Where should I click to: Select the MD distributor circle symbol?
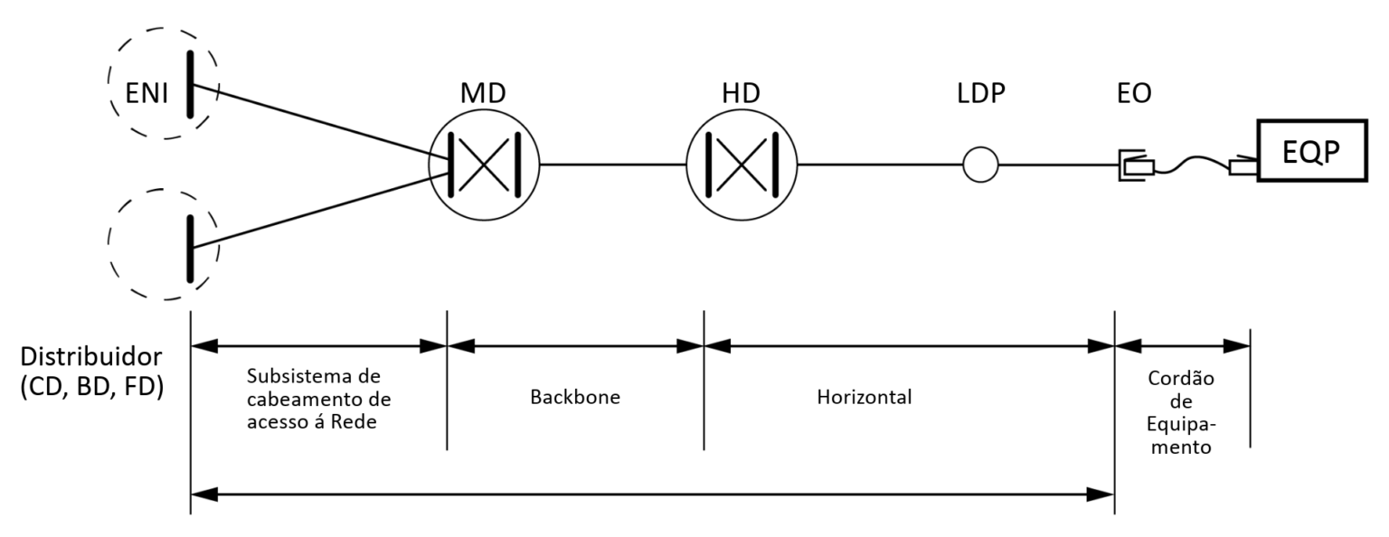(x=483, y=165)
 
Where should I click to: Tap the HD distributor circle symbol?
(x=742, y=165)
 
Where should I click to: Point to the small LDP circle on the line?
(x=979, y=165)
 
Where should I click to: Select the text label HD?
(x=742, y=93)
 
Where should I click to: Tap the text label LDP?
(x=979, y=93)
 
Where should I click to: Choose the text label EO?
(x=1134, y=93)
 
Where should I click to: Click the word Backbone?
(x=575, y=397)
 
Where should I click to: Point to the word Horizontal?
(x=865, y=397)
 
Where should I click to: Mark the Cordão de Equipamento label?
(x=1182, y=412)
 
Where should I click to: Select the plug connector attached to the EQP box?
(x=1243, y=165)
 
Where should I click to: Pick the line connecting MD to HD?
(x=612, y=165)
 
